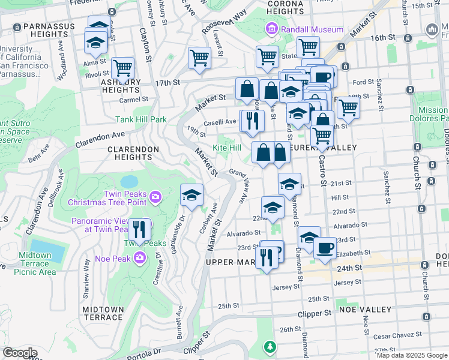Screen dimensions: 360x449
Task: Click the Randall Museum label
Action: click(311, 29)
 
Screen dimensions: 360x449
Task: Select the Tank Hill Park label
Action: click(142, 119)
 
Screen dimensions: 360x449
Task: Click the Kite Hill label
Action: click(227, 148)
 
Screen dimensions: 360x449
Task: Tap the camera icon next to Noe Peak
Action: click(140, 259)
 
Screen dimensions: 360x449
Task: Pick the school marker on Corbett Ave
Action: click(192, 195)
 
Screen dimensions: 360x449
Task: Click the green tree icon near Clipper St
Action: click(270, 347)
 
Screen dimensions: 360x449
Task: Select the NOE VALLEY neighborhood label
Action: click(360, 310)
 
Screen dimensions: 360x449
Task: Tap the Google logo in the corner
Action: click(20, 353)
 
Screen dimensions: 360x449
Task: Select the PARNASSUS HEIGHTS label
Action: click(46, 28)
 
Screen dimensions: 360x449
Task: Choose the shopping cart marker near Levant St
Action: click(199, 58)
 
